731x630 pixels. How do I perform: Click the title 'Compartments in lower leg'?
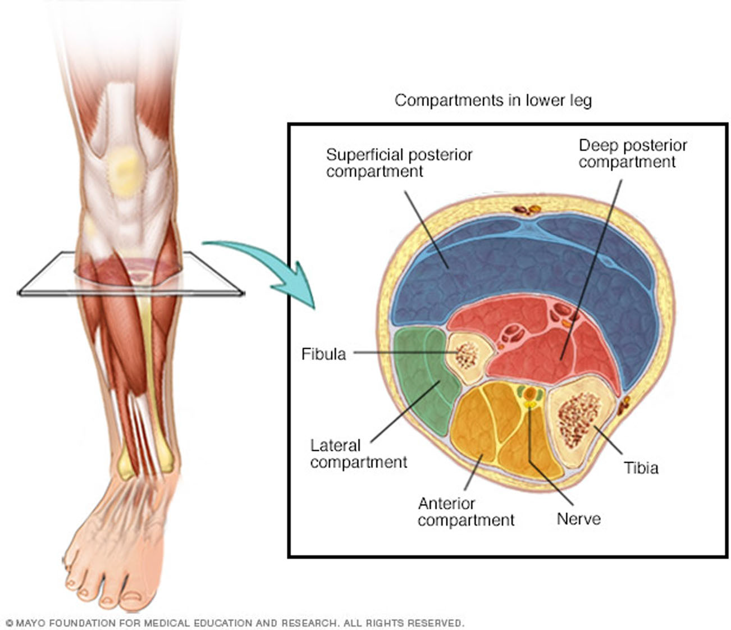(492, 101)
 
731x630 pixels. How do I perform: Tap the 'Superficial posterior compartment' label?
(399, 163)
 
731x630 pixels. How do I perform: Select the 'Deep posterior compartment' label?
(632, 154)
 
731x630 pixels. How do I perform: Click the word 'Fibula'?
(323, 354)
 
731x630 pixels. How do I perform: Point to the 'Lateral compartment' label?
(358, 454)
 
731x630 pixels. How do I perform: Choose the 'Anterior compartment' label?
(465, 512)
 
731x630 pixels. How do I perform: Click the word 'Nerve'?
(578, 518)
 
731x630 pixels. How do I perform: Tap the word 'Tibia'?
(641, 468)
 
